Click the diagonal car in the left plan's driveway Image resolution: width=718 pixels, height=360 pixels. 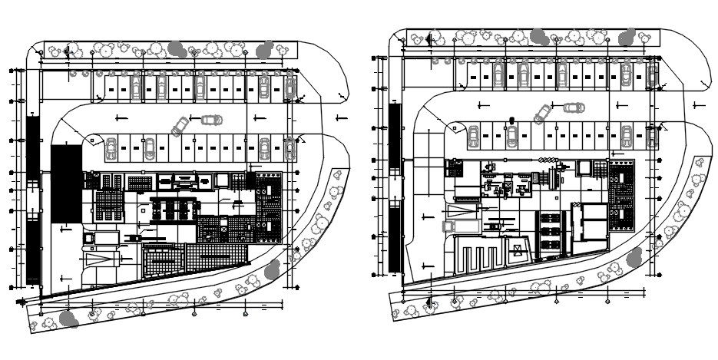click(180, 125)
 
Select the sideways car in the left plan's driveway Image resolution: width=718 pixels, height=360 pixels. click(211, 120)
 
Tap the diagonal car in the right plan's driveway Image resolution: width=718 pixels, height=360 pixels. click(542, 114)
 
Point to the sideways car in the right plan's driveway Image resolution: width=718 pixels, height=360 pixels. click(572, 107)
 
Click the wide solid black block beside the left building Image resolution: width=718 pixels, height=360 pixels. click(66, 184)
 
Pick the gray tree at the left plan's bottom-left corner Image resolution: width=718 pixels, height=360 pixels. click(68, 318)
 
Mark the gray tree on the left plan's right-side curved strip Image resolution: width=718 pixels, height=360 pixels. click(273, 269)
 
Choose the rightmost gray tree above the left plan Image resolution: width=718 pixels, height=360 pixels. click(265, 49)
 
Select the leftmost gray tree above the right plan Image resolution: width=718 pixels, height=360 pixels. click(538, 36)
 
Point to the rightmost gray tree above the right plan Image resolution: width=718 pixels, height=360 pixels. click(628, 36)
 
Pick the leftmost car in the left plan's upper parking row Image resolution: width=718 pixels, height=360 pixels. click(137, 87)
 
